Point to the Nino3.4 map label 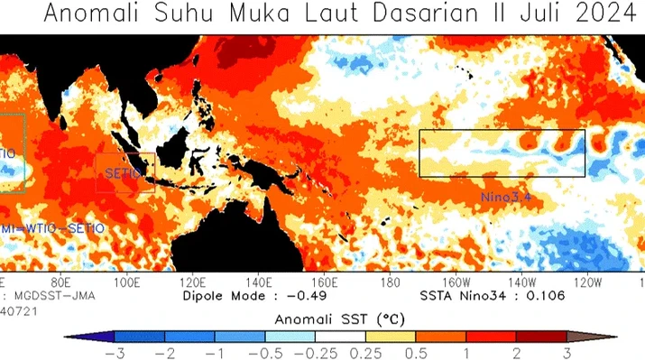coord(506,194)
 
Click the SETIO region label coord(122,173)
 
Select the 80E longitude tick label coord(61,282)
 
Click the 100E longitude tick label coord(127,282)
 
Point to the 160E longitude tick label coord(325,282)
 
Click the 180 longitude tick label coord(391,282)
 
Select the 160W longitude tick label coord(456,282)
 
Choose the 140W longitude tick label coord(522,282)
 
